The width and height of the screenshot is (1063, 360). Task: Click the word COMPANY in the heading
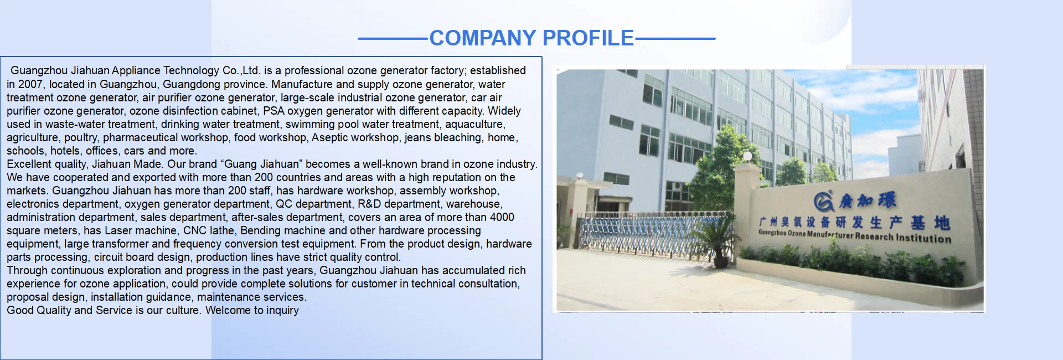click(x=483, y=38)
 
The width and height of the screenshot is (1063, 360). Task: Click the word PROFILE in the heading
click(x=589, y=38)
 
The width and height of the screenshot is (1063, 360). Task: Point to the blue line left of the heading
click(x=394, y=39)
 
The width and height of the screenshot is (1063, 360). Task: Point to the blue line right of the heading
click(x=675, y=39)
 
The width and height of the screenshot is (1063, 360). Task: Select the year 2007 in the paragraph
click(x=30, y=84)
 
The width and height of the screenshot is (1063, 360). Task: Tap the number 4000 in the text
click(x=502, y=217)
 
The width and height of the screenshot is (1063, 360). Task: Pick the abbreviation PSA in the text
click(x=274, y=111)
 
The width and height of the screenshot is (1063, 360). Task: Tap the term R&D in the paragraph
click(x=369, y=204)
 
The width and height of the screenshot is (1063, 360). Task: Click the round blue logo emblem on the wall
click(x=824, y=202)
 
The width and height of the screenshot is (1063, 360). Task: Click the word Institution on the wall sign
click(x=923, y=238)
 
